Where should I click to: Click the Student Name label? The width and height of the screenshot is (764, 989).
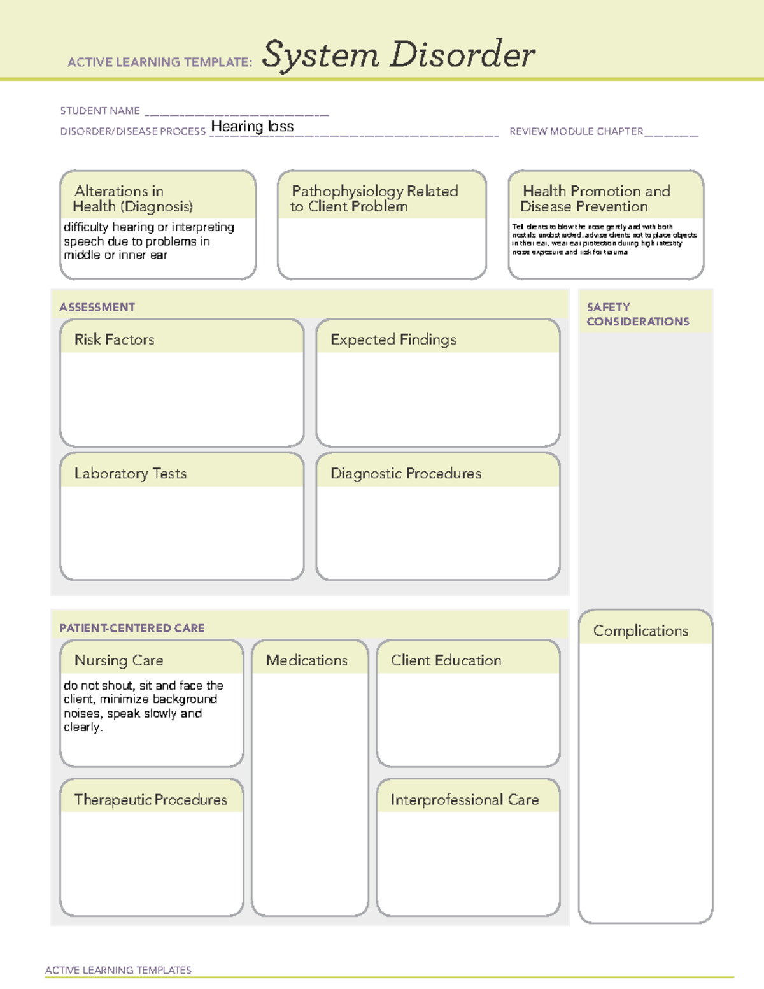tap(100, 111)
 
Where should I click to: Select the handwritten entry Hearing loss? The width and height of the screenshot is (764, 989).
tap(252, 127)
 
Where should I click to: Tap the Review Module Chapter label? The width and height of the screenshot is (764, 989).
tap(576, 132)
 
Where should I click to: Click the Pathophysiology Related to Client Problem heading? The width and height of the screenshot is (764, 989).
tap(374, 199)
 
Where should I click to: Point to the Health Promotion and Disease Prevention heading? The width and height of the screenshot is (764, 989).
tap(596, 199)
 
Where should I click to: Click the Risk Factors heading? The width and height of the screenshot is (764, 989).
tap(115, 339)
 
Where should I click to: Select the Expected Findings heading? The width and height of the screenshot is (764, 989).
tap(393, 339)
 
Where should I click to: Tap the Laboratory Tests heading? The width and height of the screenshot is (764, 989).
tap(131, 473)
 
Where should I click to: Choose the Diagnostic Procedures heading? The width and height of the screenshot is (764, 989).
tap(406, 473)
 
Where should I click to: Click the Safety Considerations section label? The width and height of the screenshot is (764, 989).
tap(637, 315)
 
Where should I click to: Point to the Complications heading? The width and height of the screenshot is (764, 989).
tap(640, 630)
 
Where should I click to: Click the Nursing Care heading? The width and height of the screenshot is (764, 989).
tap(119, 660)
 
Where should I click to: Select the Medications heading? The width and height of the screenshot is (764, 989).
tap(307, 660)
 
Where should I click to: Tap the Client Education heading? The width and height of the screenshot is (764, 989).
tap(446, 660)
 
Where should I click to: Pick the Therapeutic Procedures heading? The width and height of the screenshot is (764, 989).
tap(150, 799)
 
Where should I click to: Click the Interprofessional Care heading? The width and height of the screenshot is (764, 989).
tap(464, 799)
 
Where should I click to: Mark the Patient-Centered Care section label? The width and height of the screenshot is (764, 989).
tap(132, 628)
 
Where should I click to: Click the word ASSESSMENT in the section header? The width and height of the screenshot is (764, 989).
tap(97, 307)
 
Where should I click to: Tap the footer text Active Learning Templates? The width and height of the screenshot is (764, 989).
tap(118, 970)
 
